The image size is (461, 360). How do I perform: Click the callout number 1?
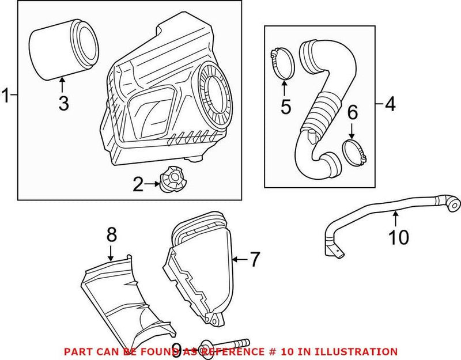click(6, 96)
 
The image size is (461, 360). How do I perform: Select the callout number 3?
click(63, 104)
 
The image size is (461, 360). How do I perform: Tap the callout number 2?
click(138, 185)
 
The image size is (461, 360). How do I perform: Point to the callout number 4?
click(390, 104)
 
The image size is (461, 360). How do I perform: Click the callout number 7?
click(255, 260)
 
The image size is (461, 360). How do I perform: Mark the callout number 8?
click(111, 234)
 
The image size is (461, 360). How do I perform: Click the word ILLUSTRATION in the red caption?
click(360, 351)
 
